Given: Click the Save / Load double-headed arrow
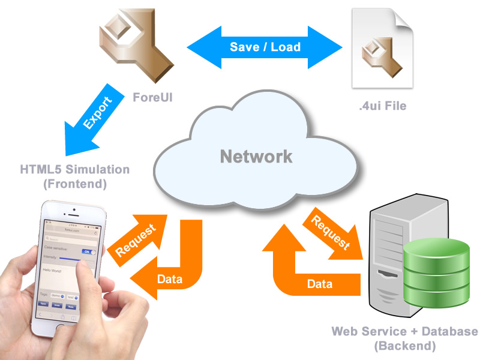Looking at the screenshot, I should [x=265, y=46].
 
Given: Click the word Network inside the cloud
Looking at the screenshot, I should [x=256, y=157].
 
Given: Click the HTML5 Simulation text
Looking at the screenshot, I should [x=75, y=169].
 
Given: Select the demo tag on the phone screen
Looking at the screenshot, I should [x=58, y=296].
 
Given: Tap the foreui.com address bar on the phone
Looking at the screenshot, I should [x=72, y=229].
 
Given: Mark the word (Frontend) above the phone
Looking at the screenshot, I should [x=75, y=184].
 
